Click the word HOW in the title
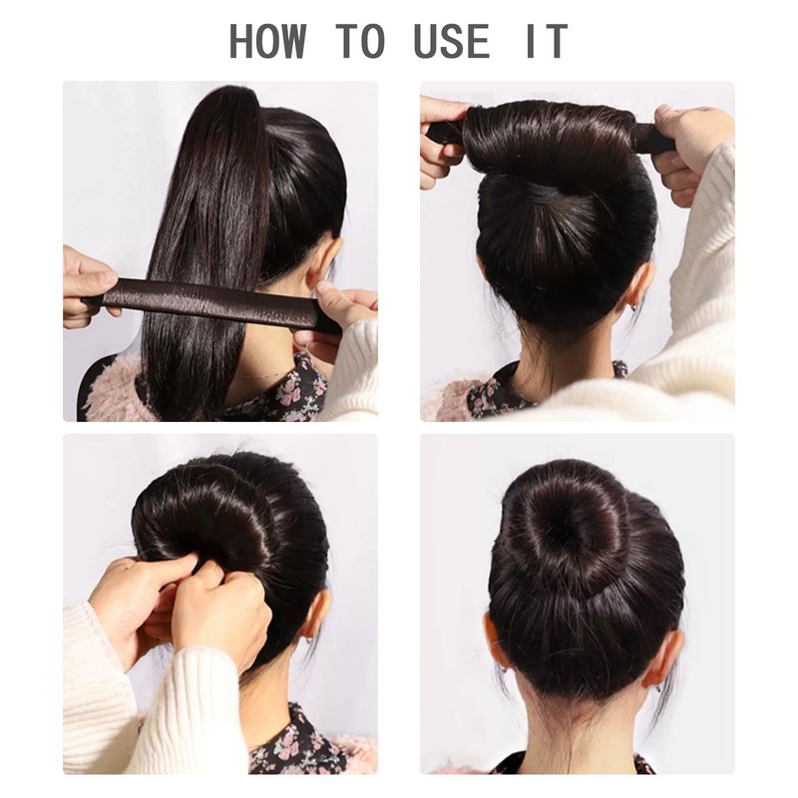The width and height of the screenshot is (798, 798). click(x=268, y=40)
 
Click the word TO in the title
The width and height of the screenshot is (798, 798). click(x=361, y=40)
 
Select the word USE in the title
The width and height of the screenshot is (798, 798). click(x=453, y=40)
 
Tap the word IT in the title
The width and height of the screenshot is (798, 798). click(x=547, y=40)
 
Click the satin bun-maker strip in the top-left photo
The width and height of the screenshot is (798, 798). click(x=213, y=302)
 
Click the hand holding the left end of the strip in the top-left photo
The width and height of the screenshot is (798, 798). click(x=88, y=285)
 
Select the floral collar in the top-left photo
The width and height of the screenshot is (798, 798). click(x=285, y=392)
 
